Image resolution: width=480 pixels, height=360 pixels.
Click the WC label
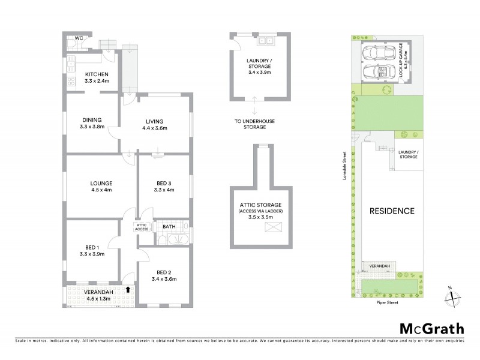pyautogui.click(x=78, y=38)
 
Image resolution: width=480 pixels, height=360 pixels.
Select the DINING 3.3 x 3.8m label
pyautogui.click(x=92, y=123)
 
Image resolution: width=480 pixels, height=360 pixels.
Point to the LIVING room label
pyautogui.click(x=154, y=124)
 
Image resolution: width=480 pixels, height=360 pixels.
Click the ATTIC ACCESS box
pyautogui.click(x=142, y=227)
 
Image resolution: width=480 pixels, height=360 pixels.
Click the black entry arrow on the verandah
pyautogui.click(x=127, y=289)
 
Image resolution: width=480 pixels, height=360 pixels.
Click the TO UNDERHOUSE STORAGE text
pyautogui.click(x=254, y=124)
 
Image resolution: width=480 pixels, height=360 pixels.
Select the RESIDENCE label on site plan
pyautogui.click(x=392, y=211)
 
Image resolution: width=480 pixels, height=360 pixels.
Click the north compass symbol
pyautogui.click(x=451, y=294)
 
